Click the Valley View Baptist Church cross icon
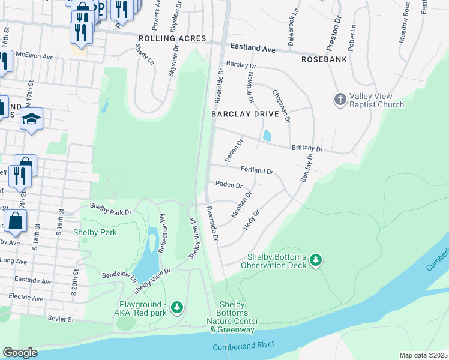340,99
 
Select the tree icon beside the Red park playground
176,308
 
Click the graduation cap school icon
32,119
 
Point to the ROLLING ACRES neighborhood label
172,38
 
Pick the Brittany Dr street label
307,148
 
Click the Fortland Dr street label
257,170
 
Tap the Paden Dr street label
229,185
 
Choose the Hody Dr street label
252,220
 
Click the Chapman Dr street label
281,106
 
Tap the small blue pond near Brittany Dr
267,136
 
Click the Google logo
20,353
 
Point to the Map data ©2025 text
423,355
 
